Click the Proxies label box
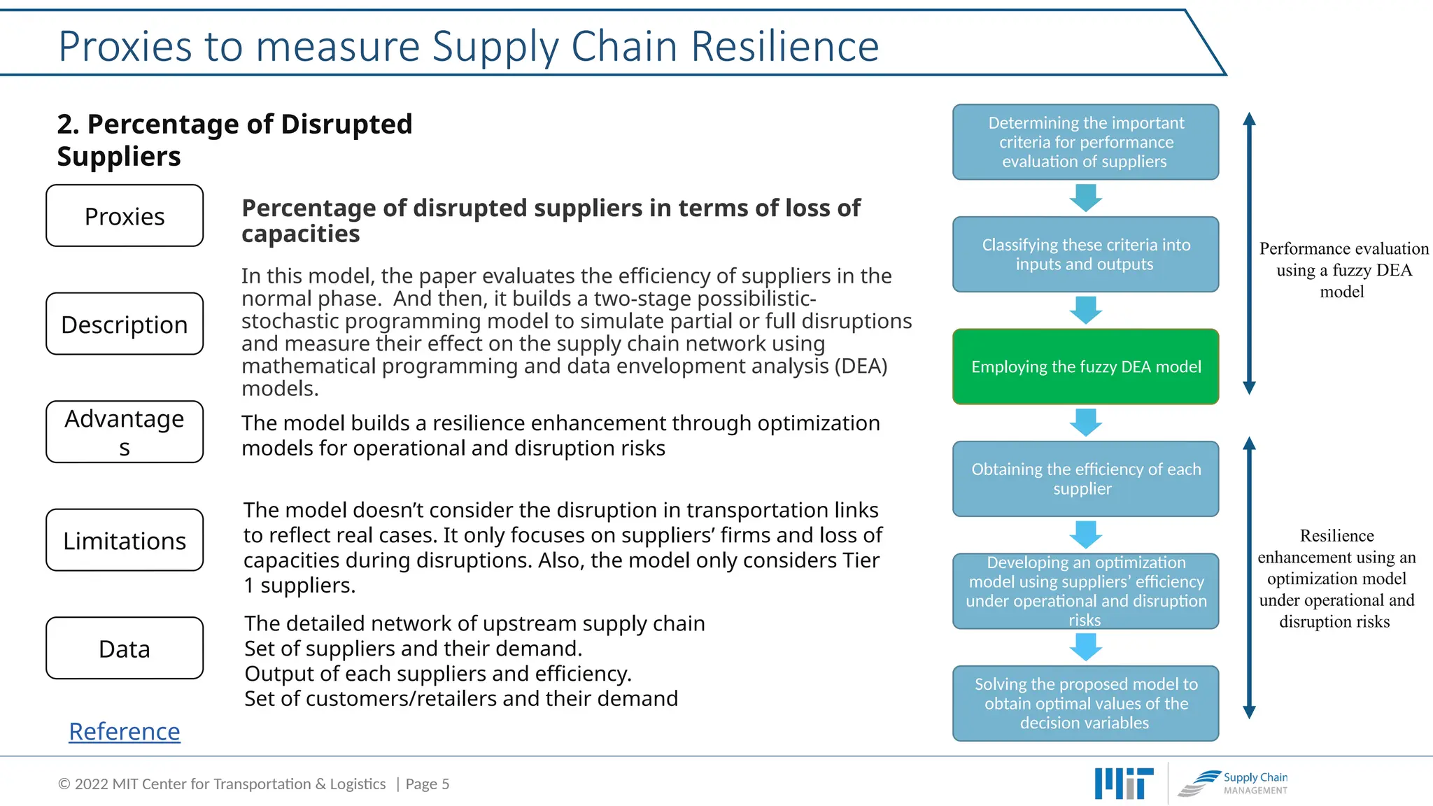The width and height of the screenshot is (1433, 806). pos(125,216)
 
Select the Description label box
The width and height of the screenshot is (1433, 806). pos(125,324)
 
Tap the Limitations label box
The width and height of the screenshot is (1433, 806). pos(125,540)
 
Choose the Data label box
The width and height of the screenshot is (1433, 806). pos(125,649)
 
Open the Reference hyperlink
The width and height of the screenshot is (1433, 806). pos(125,731)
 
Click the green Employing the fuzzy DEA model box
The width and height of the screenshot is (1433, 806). pos(1085,367)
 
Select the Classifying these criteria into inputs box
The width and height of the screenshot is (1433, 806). pos(1085,255)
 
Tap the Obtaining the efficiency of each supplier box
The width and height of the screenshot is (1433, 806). pos(1085,479)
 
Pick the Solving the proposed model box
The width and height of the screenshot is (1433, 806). pos(1085,703)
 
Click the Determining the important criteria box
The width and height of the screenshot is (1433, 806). pos(1085,142)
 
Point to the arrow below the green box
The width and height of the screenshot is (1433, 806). pos(1085,423)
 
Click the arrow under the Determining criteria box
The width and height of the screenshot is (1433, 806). pos(1085,198)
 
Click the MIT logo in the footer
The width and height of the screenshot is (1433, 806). pos(1124,784)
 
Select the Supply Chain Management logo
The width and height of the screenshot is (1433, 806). pos(1233,784)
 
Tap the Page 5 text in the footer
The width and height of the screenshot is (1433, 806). pos(427,784)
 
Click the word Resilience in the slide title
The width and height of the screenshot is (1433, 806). pos(784,46)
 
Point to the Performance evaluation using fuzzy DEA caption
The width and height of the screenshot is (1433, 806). pos(1343,270)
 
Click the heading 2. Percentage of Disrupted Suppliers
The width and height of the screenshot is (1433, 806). pos(234,140)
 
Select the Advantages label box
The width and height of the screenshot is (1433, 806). pos(125,432)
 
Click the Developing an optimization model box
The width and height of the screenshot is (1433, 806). pos(1085,591)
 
